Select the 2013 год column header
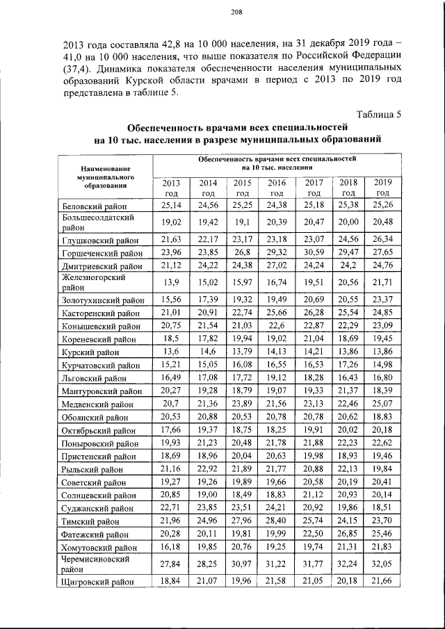point(171,187)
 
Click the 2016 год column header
point(277,187)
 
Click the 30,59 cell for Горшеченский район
point(314,252)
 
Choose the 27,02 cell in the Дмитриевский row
point(277,265)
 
